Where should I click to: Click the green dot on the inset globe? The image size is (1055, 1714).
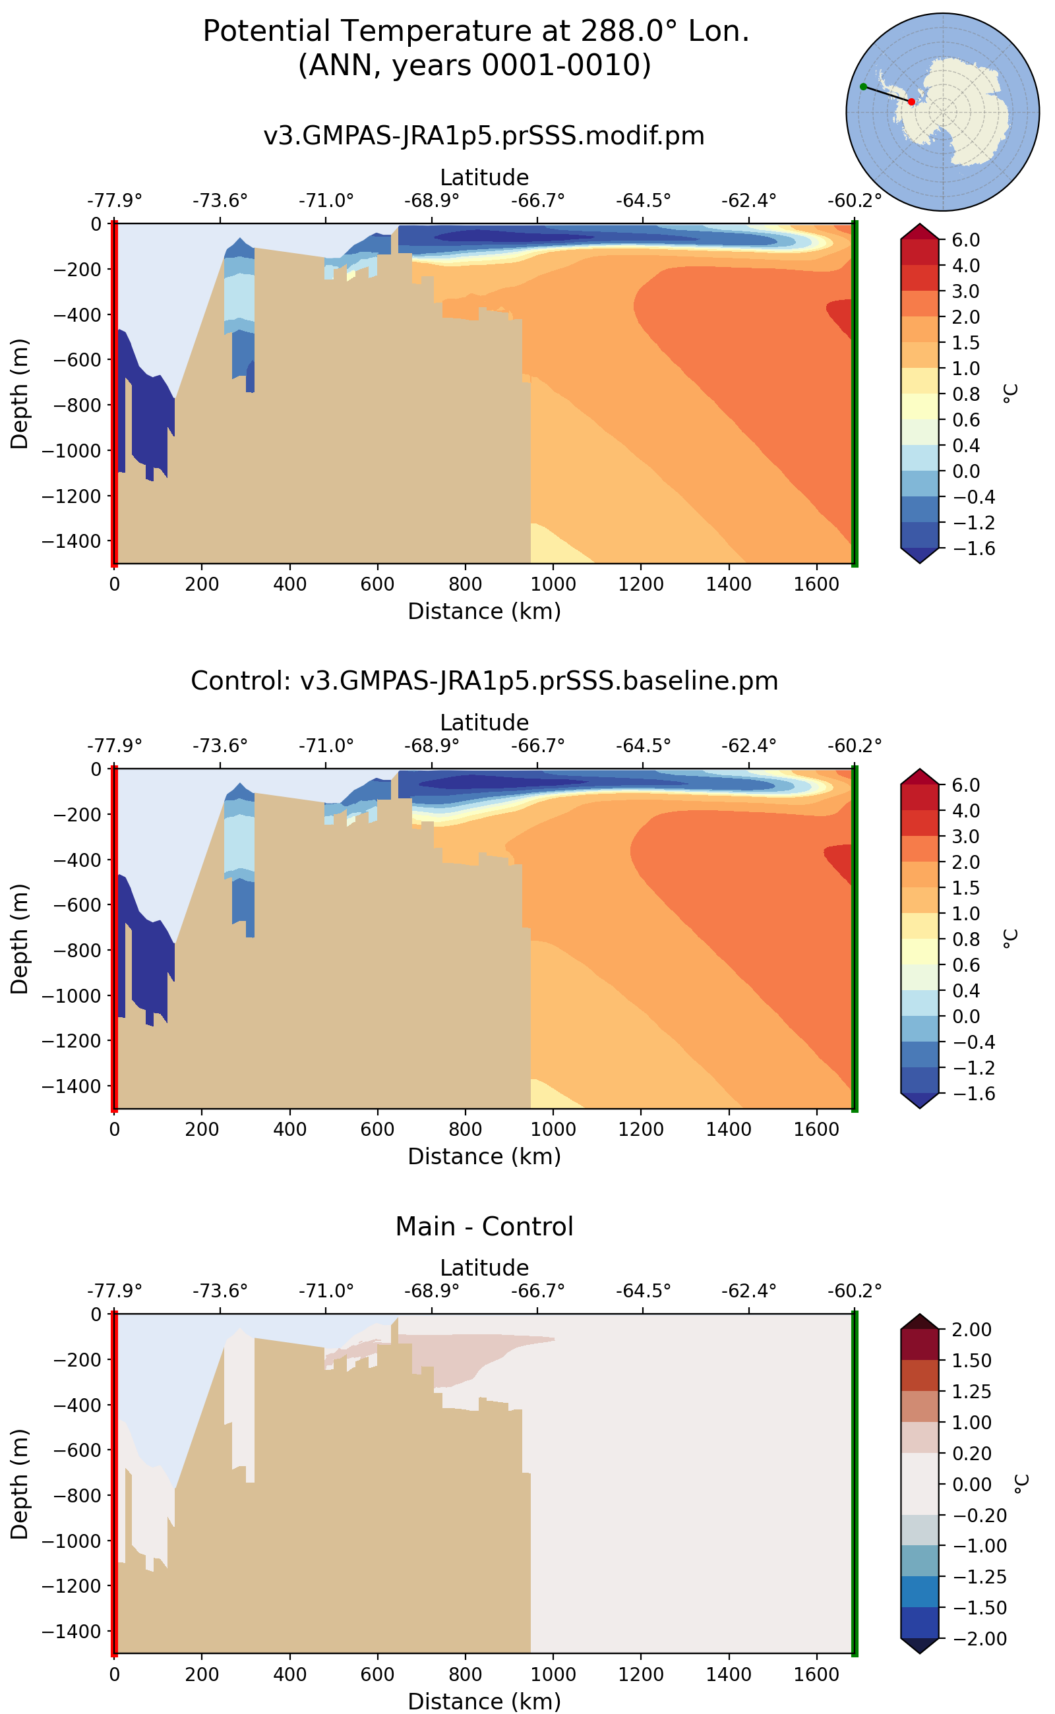pyautogui.click(x=863, y=86)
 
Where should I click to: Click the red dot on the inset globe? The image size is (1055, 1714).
pyautogui.click(x=911, y=102)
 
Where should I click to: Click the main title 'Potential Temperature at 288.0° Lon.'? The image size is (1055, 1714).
pyautogui.click(x=476, y=32)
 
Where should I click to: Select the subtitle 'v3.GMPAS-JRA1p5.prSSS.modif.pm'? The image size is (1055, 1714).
pyautogui.click(x=483, y=135)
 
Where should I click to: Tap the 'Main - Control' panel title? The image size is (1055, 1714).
pyautogui.click(x=483, y=1226)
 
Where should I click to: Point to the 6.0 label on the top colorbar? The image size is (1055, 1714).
pyautogui.click(x=966, y=240)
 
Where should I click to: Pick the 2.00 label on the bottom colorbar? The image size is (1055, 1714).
pyautogui.click(x=971, y=1330)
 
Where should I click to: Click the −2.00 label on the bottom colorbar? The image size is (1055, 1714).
pyautogui.click(x=975, y=1639)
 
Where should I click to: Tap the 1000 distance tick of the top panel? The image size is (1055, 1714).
pyautogui.click(x=553, y=584)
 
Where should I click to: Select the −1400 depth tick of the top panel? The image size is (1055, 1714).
pyautogui.click(x=71, y=541)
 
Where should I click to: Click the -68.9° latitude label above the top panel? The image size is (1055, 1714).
pyautogui.click(x=431, y=201)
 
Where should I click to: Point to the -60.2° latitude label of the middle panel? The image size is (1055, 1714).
pyautogui.click(x=854, y=746)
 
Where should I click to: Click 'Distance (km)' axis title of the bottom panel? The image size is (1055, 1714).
pyautogui.click(x=483, y=1701)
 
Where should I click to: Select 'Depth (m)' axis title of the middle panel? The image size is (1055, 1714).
pyautogui.click(x=20, y=939)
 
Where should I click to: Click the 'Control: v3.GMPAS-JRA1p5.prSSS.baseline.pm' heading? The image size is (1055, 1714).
pyautogui.click(x=483, y=681)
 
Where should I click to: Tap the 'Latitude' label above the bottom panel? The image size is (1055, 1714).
pyautogui.click(x=483, y=1268)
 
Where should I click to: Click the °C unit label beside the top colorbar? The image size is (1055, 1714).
pyautogui.click(x=1010, y=394)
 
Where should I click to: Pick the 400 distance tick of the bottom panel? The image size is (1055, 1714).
pyautogui.click(x=289, y=1674)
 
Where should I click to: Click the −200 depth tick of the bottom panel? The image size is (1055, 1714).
pyautogui.click(x=71, y=1359)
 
